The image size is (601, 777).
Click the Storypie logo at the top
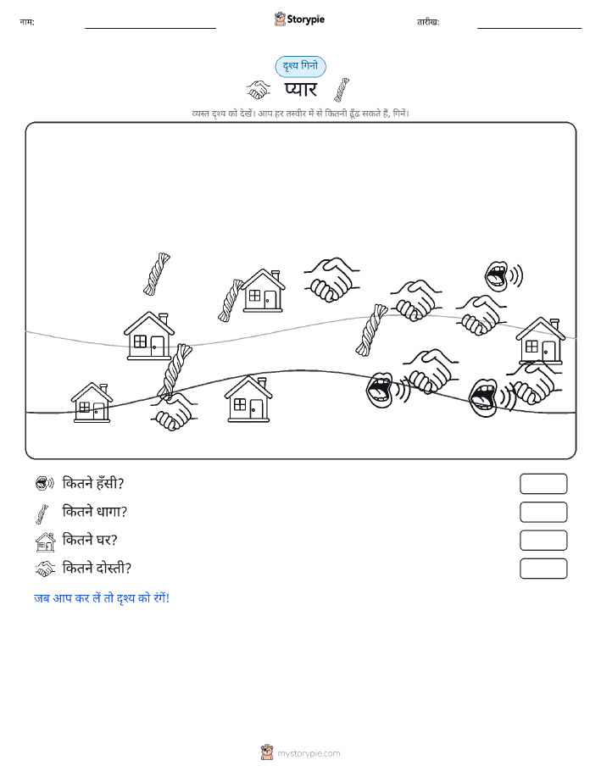pos(299,19)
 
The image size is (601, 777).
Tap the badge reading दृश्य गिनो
pos(300,66)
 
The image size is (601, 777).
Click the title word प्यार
pos(300,90)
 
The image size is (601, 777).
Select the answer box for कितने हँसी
pos(543,484)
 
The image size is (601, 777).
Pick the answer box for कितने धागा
pos(543,512)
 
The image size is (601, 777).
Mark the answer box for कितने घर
pos(543,540)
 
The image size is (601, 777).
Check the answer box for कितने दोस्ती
pos(543,569)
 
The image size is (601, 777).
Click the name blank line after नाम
pos(150,28)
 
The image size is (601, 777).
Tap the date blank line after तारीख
pos(529,28)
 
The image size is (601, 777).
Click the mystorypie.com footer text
pos(309,753)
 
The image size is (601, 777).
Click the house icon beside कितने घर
pos(45,541)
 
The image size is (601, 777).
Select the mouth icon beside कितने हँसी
pos(45,483)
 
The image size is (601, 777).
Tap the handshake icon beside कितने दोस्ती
pos(45,569)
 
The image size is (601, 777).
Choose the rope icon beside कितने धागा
pos(42,513)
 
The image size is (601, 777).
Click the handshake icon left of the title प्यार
pos(259,90)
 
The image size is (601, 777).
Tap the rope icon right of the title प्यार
pos(342,90)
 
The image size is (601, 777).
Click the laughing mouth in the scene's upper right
pos(504,275)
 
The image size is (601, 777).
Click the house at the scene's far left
pos(92,402)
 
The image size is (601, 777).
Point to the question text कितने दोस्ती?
pos(97,568)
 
